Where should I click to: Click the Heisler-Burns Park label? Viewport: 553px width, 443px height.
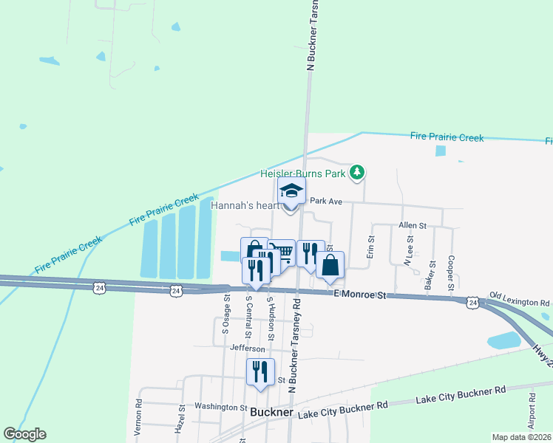point(304,174)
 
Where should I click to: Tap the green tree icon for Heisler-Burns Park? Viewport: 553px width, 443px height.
point(359,173)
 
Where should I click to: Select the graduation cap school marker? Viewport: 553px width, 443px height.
point(291,192)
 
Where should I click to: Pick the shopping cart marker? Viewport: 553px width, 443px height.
point(281,252)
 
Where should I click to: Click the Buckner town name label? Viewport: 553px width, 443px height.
point(272,412)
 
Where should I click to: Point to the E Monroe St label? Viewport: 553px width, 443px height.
point(360,295)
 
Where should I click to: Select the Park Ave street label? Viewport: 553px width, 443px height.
point(326,201)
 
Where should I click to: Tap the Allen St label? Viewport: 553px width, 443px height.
point(413,224)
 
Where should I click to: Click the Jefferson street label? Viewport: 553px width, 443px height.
point(248,348)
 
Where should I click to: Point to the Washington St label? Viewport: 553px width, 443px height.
point(220,407)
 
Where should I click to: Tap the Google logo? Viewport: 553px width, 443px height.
point(24,434)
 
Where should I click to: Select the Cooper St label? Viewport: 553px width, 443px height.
point(449,273)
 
